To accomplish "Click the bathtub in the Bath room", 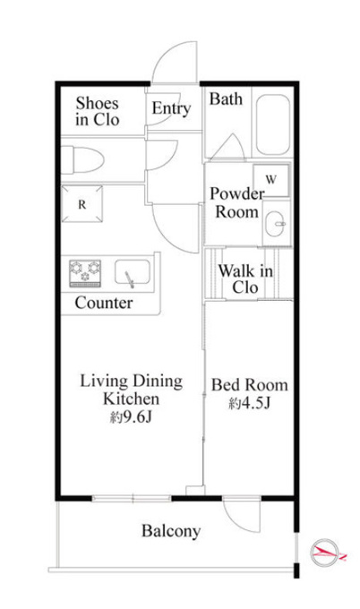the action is (273, 124).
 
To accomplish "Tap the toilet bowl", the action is (82, 160).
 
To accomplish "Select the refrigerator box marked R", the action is (82, 204).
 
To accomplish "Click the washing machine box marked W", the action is (271, 180).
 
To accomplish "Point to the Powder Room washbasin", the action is (276, 223).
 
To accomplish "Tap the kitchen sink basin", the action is (133, 272).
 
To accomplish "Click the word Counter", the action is (104, 303).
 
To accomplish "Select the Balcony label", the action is (171, 531).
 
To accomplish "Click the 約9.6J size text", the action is (131, 417).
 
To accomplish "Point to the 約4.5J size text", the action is (249, 404).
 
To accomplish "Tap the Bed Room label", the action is (250, 385).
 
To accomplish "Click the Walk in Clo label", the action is (245, 279).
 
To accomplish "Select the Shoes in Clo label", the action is (97, 111).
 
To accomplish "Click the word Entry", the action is (171, 108).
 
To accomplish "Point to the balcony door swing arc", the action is (237, 524).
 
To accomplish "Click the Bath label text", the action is (226, 99).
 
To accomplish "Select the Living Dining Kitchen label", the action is (132, 390).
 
